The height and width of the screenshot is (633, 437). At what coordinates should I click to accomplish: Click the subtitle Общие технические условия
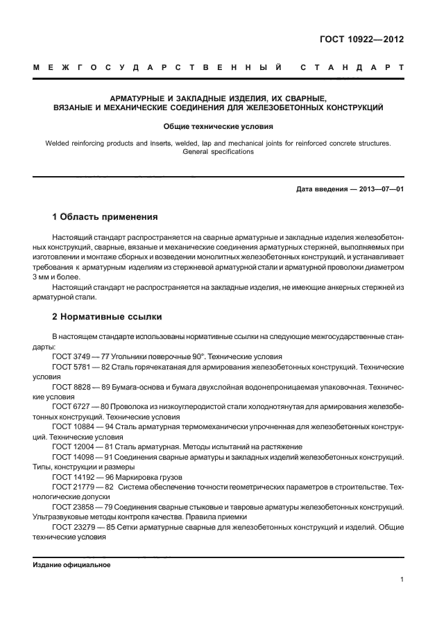click(218, 127)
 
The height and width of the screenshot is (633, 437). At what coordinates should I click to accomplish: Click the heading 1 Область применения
click(105, 216)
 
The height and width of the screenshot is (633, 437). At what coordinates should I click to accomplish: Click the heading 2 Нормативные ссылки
click(107, 317)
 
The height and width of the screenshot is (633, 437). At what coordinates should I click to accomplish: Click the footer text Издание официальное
click(71, 564)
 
